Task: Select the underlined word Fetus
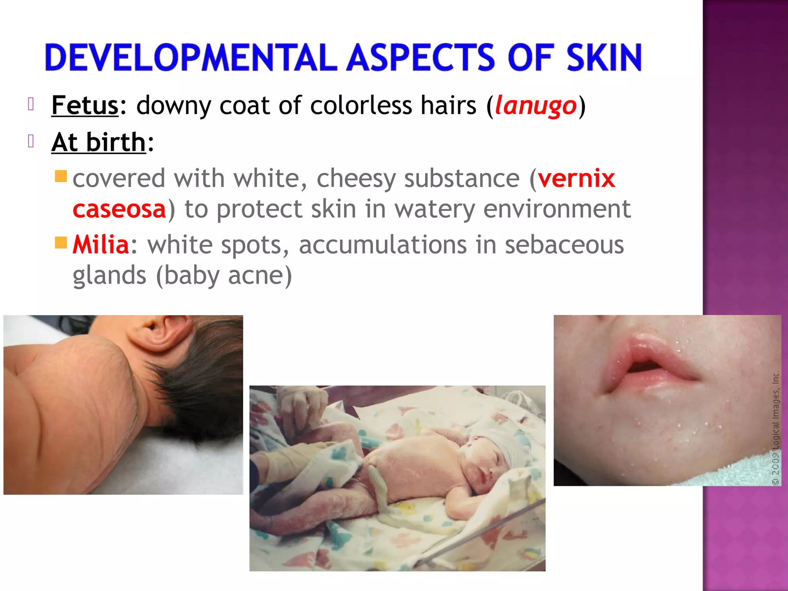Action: point(85,105)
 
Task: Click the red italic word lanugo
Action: point(536,105)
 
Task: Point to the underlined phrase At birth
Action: point(99,142)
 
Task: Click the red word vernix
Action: point(576,178)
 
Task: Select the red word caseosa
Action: point(119,209)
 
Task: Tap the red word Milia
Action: point(101,245)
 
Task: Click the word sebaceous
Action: point(564,245)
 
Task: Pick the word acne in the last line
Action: point(255,275)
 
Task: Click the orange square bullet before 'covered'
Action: point(61,177)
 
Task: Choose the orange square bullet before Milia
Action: point(61,243)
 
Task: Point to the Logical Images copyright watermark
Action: point(775,427)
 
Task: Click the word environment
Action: point(557,209)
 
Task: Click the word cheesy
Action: point(356,179)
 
